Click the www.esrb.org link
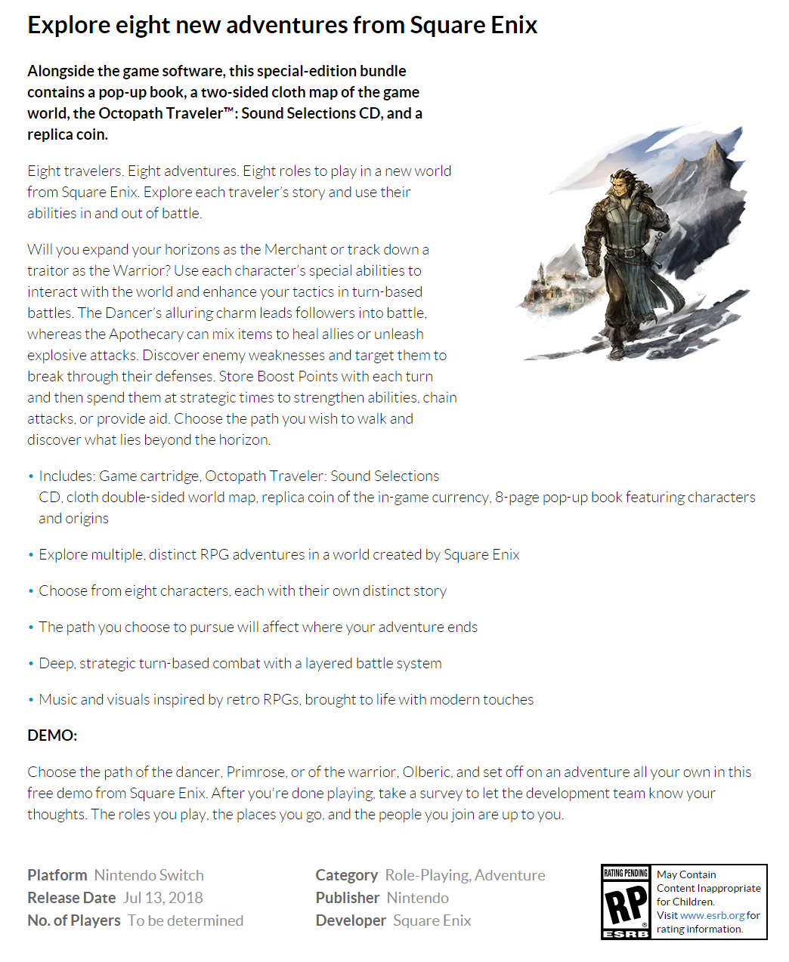pyautogui.click(x=712, y=915)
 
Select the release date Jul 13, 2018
pyautogui.click(x=163, y=898)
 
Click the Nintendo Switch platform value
pyautogui.click(x=149, y=875)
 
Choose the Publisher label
pyautogui.click(x=348, y=898)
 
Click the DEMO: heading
pyautogui.click(x=52, y=735)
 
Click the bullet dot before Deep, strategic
pyautogui.click(x=31, y=664)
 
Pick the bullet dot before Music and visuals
pyautogui.click(x=31, y=700)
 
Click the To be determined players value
pyautogui.click(x=185, y=920)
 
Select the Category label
pyautogui.click(x=346, y=875)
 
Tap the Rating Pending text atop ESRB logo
pyautogui.click(x=626, y=874)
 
